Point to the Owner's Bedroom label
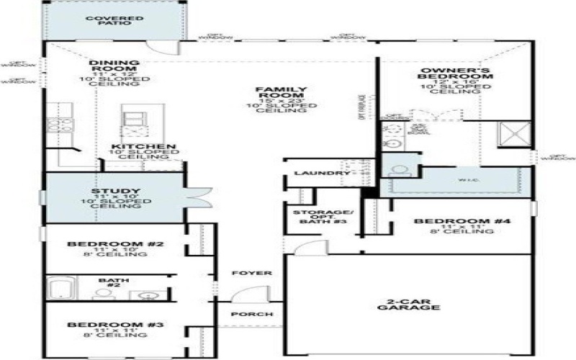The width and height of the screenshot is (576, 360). (x=456, y=76)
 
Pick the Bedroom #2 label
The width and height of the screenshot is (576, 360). (x=115, y=244)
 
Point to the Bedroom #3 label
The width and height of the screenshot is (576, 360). (x=115, y=325)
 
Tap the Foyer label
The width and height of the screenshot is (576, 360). (x=252, y=274)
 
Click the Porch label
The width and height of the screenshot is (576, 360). (x=251, y=315)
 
